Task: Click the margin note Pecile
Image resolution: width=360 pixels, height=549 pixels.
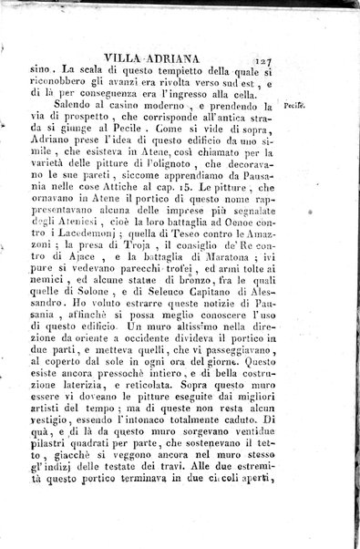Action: tap(294, 106)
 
